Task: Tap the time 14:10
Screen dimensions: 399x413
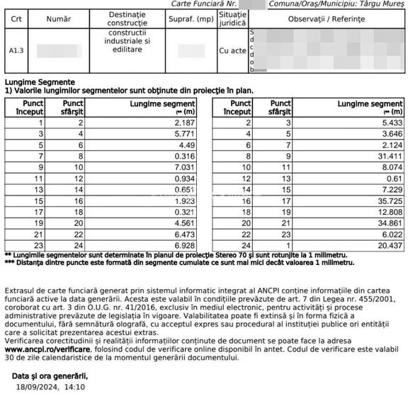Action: tap(74, 388)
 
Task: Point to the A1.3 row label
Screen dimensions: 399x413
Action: tap(16, 51)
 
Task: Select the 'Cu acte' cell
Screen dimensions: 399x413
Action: tap(233, 51)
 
